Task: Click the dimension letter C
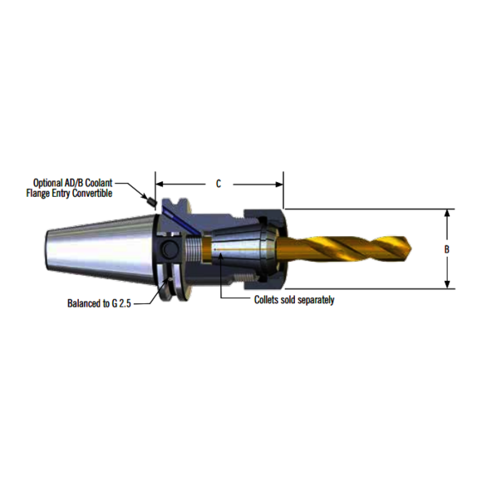coord(219,184)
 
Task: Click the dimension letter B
coord(447,248)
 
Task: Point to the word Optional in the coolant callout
coord(51,182)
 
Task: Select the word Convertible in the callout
coord(88,193)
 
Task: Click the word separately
coord(313,299)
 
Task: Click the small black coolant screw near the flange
coord(151,200)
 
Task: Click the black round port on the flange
coord(170,250)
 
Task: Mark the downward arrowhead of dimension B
coord(449,284)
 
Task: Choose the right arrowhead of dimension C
coord(279,184)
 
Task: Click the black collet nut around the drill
coord(274,247)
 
